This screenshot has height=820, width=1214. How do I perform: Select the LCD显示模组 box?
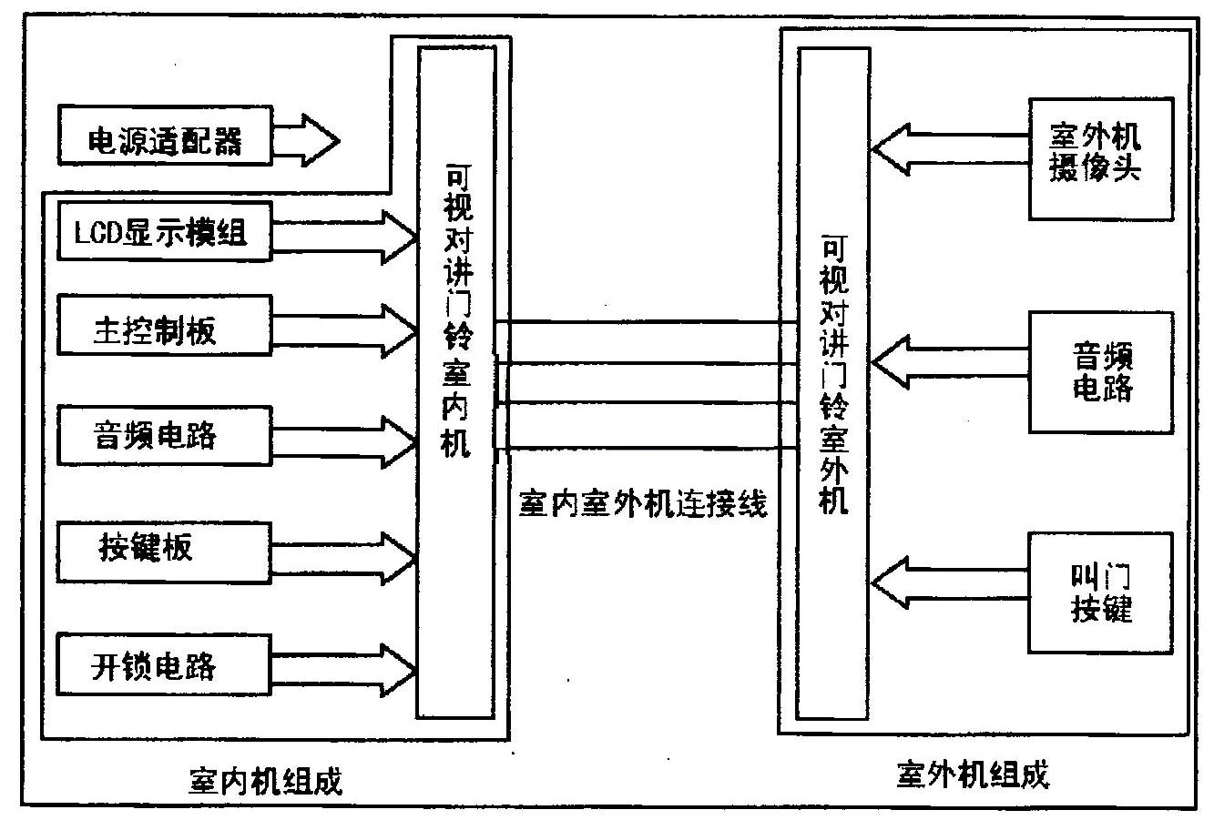164,234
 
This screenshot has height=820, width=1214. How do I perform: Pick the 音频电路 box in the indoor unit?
164,434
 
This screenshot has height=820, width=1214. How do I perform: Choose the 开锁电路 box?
164,666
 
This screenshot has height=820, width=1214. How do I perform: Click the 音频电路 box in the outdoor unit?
1100,372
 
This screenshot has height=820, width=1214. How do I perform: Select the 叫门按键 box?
1100,592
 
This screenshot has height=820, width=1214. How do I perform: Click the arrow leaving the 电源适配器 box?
306,141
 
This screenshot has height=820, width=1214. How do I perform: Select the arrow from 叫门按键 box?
947,581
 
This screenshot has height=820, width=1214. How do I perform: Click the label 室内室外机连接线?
643,502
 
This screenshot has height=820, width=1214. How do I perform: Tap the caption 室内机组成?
266,779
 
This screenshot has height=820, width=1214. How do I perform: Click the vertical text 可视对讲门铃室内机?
454,309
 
